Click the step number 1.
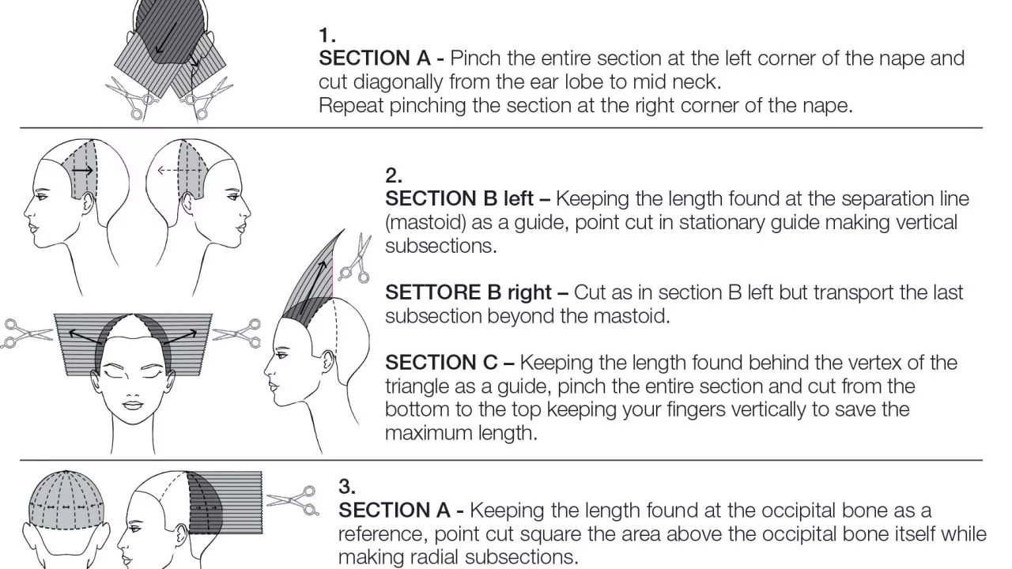click(327, 36)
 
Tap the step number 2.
click(394, 175)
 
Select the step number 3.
click(347, 487)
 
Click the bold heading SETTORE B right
click(469, 292)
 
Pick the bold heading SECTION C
click(441, 363)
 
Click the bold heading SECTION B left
click(459, 198)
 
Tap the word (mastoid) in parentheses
click(425, 223)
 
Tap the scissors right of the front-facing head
click(237, 333)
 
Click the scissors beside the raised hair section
click(357, 258)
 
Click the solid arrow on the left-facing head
click(83, 171)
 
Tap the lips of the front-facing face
click(133, 405)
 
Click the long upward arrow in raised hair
click(312, 288)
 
